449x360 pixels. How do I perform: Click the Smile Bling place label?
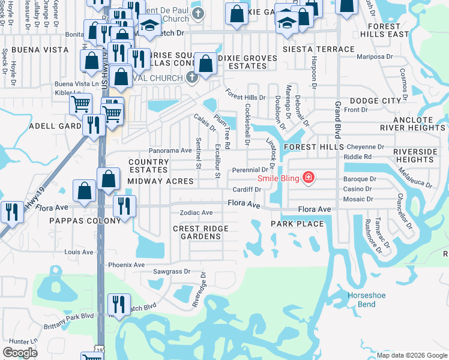point(279,178)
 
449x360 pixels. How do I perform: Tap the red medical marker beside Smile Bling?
point(309,178)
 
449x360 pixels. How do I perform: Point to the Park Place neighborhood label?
point(297,224)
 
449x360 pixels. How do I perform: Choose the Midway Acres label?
point(160,181)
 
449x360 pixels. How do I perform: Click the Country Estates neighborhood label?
point(148,166)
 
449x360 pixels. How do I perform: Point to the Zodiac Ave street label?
point(196,213)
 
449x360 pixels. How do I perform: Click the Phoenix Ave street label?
point(126,265)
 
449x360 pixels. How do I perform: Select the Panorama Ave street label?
point(170,151)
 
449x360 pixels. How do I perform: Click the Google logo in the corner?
point(20,353)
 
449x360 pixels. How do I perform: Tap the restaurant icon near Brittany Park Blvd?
point(119,305)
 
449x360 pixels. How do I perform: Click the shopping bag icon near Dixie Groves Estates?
point(205,64)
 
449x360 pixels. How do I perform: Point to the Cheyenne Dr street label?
point(366,146)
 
